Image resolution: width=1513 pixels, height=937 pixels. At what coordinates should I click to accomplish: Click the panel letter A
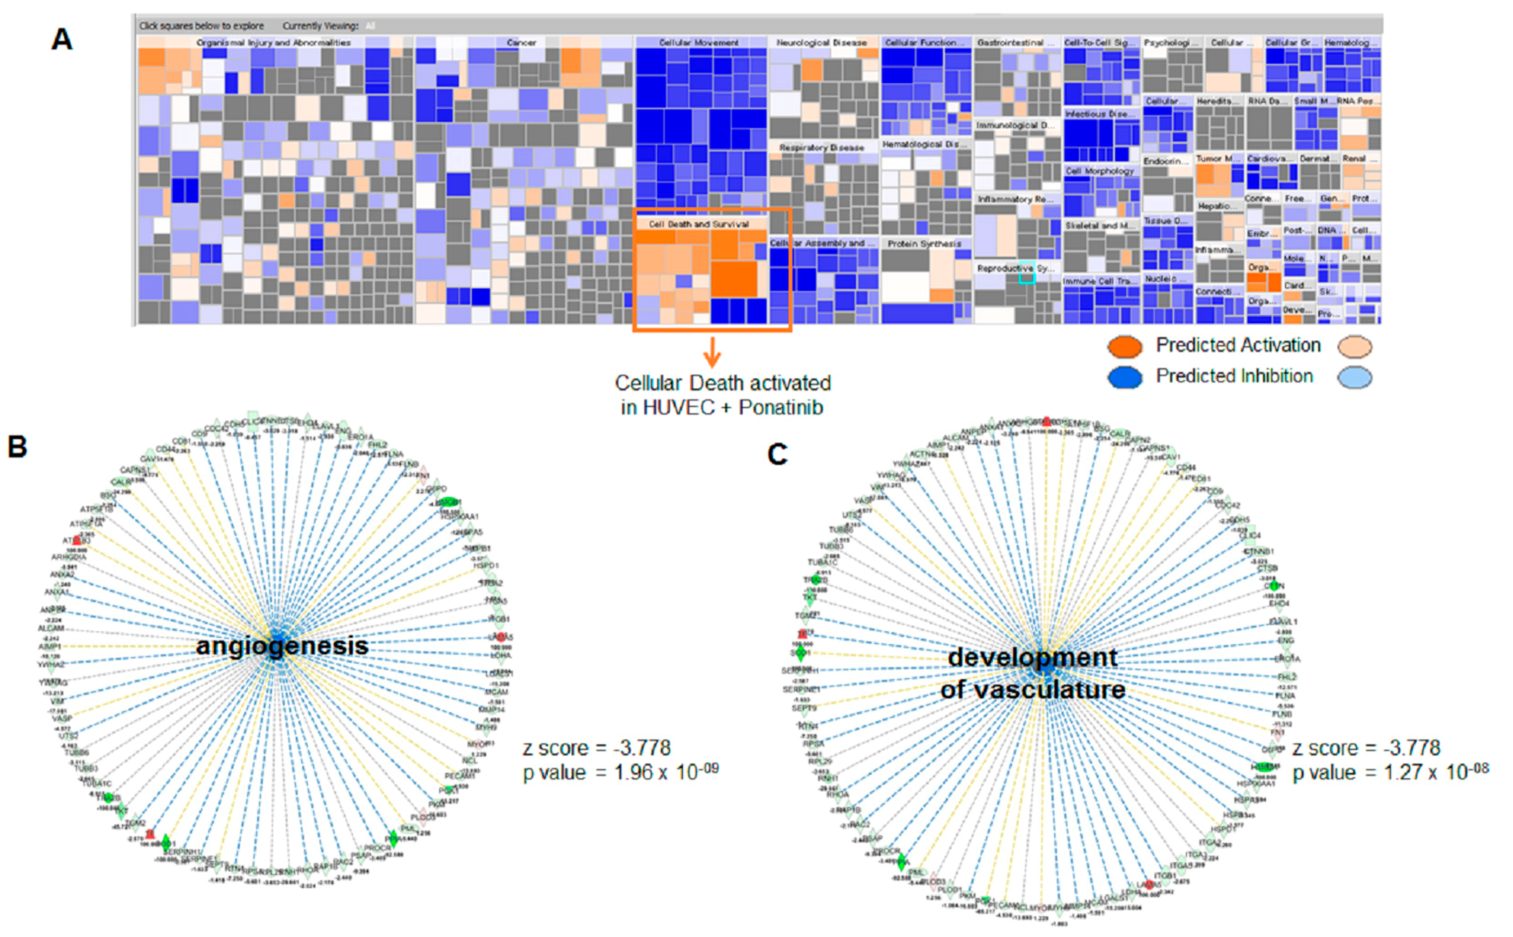[x=62, y=40]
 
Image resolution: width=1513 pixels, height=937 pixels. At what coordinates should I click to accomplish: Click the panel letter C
[x=777, y=454]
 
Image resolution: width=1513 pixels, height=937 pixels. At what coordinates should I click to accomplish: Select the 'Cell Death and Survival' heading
[x=699, y=224]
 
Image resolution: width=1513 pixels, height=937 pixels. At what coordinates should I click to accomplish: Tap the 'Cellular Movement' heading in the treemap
[x=698, y=43]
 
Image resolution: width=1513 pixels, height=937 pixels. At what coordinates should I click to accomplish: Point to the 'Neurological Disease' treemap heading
[x=821, y=43]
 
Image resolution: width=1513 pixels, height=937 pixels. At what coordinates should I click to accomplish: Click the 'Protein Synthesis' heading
[x=924, y=243]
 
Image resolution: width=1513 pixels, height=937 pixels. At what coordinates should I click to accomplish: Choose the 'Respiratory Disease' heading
[x=821, y=148]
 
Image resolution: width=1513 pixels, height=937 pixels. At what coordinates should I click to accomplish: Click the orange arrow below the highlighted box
[x=712, y=352]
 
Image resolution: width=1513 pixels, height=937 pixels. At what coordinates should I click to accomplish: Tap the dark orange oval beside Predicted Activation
[x=1125, y=347]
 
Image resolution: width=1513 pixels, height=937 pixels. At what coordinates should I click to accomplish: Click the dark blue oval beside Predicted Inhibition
[x=1125, y=377]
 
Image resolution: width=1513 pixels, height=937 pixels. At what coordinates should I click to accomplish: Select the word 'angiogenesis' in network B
[x=282, y=647]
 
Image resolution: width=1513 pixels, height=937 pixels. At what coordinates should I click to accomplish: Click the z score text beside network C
[x=1365, y=748]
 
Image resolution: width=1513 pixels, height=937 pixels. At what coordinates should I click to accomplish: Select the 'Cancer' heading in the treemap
[x=521, y=43]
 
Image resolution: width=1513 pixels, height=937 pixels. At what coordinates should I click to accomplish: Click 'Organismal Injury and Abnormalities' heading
[x=273, y=43]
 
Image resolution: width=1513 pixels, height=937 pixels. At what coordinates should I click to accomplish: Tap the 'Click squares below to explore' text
[x=202, y=26]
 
